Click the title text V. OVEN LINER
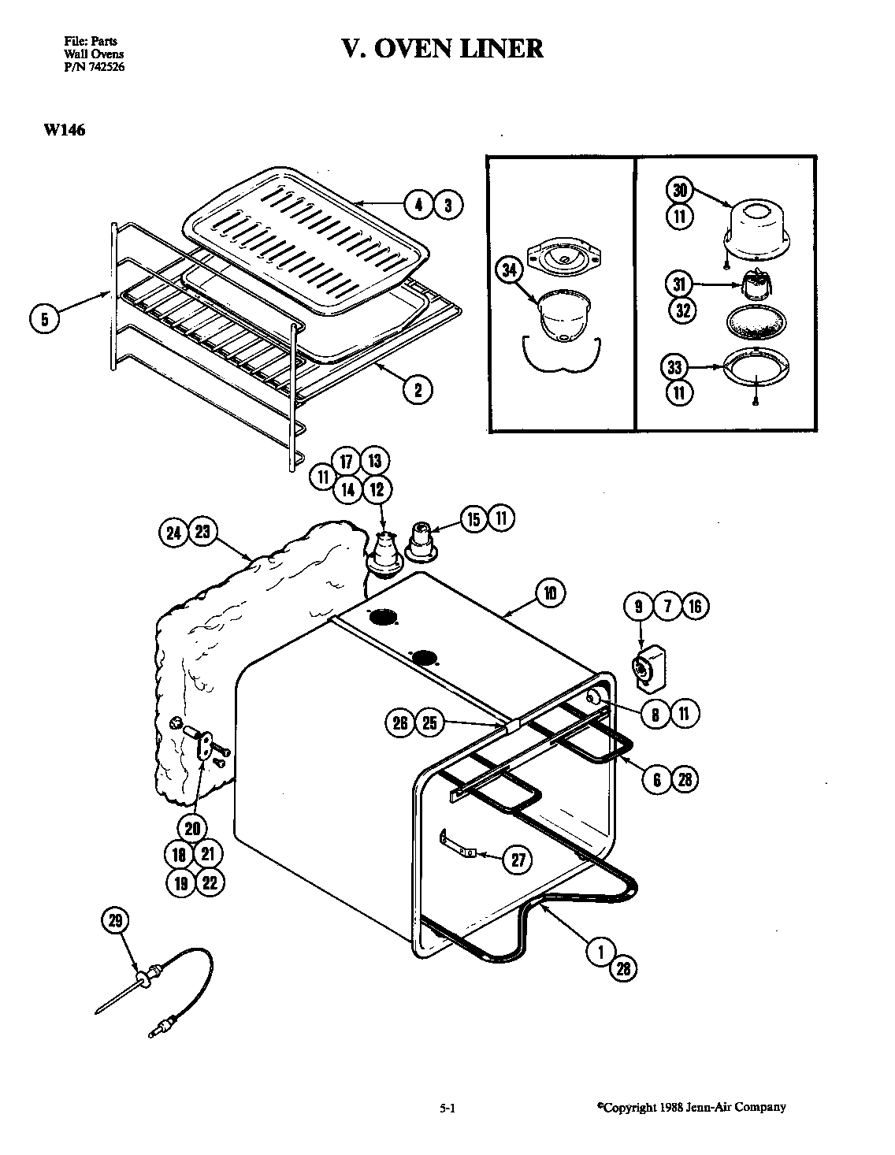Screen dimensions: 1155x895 [x=442, y=48]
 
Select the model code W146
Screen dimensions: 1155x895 [x=59, y=131]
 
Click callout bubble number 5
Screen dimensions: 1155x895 [x=45, y=319]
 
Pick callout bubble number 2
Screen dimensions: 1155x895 [x=418, y=388]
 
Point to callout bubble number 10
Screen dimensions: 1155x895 [x=550, y=592]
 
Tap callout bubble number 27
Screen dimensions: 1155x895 [x=518, y=860]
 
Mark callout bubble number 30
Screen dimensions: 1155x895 [x=680, y=190]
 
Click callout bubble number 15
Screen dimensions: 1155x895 [x=473, y=519]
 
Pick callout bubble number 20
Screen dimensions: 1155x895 [x=193, y=827]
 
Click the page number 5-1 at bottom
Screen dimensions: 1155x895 [x=447, y=1108]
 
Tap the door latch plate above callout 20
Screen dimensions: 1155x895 [x=206, y=744]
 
